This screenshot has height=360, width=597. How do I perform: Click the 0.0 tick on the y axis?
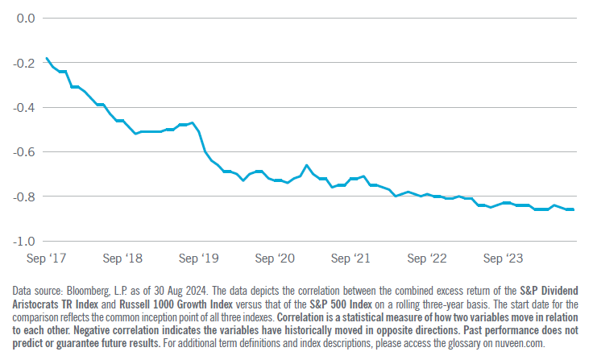coord(26,19)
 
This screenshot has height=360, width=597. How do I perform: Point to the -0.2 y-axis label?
coord(23,63)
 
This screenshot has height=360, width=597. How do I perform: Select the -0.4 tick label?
coord(23,108)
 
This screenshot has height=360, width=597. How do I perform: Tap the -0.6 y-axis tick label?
coord(23,152)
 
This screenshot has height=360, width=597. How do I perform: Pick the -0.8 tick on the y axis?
coord(23,197)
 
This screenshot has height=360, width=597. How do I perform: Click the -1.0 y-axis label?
coord(23,242)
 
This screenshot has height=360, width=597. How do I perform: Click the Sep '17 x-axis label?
coord(47,259)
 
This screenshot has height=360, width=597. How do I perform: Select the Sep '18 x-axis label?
coord(122,259)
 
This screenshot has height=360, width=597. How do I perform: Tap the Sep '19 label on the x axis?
coord(199,259)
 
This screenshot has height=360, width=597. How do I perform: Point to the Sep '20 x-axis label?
coord(275,259)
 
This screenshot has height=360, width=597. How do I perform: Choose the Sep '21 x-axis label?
coord(350,259)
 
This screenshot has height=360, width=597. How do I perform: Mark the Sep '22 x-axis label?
coord(427,259)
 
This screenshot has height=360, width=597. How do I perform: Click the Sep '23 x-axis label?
coord(503,259)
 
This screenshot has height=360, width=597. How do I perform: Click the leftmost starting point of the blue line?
coord(47,59)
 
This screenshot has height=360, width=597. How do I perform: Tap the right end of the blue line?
coord(574,209)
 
